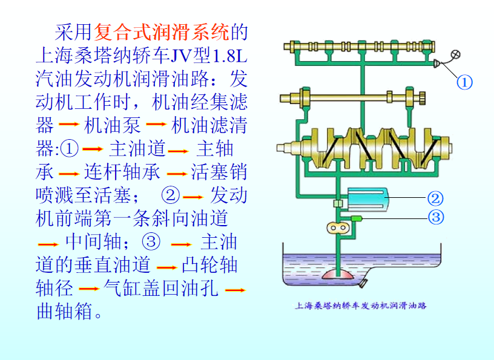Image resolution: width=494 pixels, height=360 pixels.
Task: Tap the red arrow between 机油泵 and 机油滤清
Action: tap(156, 126)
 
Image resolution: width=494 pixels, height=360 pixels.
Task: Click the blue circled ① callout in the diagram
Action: tap(464, 82)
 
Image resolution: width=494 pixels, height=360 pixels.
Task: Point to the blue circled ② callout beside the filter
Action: tap(435, 198)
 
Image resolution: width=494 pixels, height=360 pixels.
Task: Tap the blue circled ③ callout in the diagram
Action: tap(435, 217)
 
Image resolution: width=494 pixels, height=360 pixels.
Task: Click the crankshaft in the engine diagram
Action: tap(363, 147)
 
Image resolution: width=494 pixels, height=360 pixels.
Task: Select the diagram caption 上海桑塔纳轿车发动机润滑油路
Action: tap(360, 306)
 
